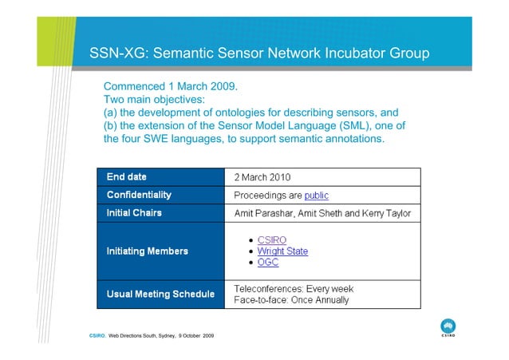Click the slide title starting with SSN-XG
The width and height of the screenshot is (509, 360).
pos(260,54)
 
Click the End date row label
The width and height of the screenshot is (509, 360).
pos(127,176)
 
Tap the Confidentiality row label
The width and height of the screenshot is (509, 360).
pos(139,195)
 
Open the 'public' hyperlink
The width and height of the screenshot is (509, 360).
pos(316,196)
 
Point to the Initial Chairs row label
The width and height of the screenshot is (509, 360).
pos(134,213)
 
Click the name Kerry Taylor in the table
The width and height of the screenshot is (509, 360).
pos(384,214)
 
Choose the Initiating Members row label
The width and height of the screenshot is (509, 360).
pos(148,251)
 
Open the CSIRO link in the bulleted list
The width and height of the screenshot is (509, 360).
pos(272,240)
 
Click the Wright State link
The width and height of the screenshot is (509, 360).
pos(282,251)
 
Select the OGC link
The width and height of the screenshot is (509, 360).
pos(268,263)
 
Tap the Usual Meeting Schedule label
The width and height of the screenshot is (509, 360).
pos(160,295)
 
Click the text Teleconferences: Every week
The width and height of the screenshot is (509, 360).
pos(293,288)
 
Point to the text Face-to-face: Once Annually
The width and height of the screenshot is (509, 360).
pos(291,300)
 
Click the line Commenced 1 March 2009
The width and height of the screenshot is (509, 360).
pos(172,85)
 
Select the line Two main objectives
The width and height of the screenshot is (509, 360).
pos(155,99)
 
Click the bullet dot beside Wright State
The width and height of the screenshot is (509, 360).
pos(251,251)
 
